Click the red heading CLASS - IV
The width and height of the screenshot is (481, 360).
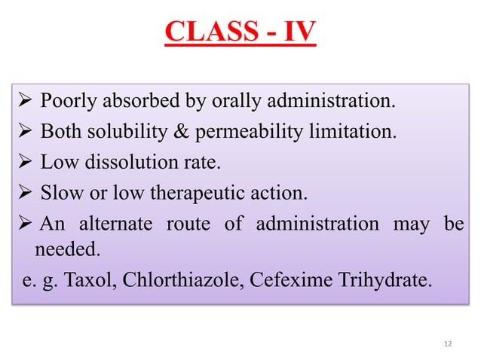[240, 33]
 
